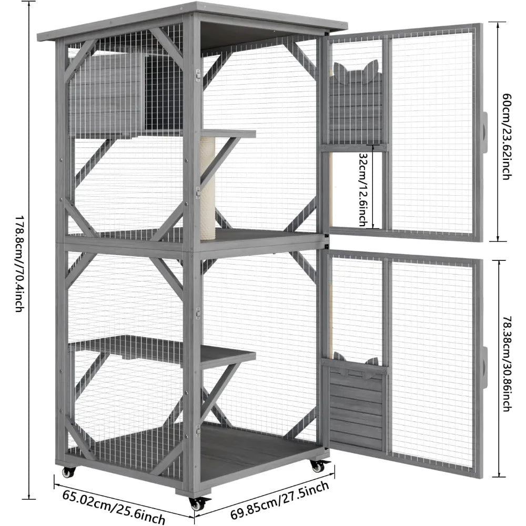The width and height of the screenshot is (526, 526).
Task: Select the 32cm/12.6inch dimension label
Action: (363, 190)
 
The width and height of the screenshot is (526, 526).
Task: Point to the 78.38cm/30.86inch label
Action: (505, 363)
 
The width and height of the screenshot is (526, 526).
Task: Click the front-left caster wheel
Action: (69, 472)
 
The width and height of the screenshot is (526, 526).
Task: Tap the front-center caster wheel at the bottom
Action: (197, 503)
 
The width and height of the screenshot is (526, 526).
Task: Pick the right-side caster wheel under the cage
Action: (317, 466)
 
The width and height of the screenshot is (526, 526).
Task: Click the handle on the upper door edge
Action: (484, 132)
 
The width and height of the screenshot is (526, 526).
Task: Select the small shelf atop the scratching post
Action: (229, 134)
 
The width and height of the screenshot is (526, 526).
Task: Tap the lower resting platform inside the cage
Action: (163, 350)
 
